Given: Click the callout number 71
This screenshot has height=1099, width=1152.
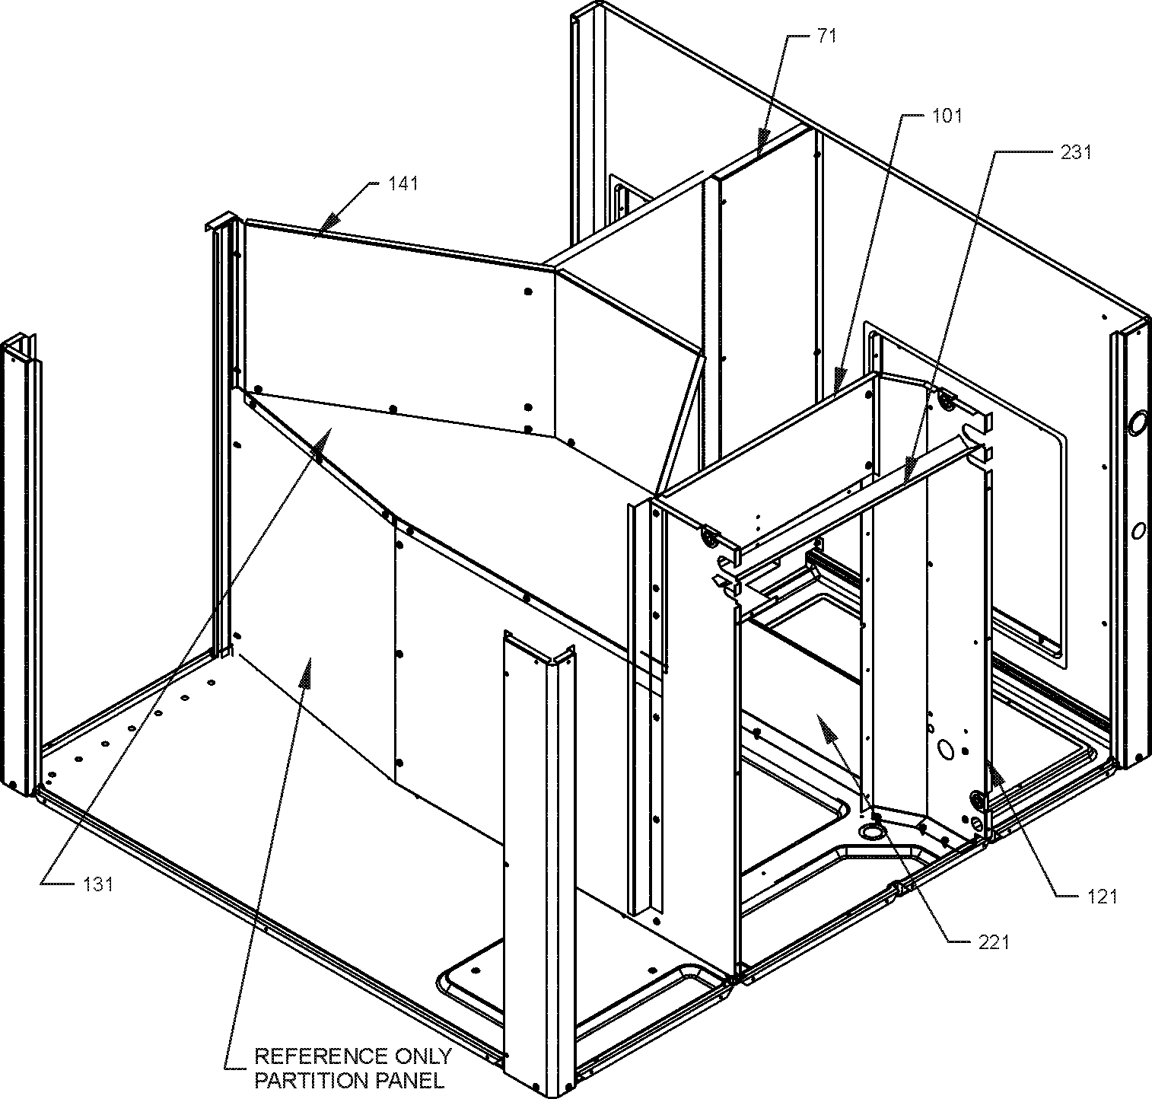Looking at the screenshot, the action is [827, 35].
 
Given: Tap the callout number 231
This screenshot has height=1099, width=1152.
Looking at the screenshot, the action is [1076, 152].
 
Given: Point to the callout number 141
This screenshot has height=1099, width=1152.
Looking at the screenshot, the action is [403, 183].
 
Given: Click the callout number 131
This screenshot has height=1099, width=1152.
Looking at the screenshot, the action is [98, 884].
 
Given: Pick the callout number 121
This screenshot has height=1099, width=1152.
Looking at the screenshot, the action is [1102, 897].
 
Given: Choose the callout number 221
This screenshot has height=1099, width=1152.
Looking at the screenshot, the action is [993, 942].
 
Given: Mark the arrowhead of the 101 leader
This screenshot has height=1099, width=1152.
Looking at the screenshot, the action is [839, 378].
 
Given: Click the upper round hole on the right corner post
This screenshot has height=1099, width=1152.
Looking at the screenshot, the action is [1139, 423].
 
